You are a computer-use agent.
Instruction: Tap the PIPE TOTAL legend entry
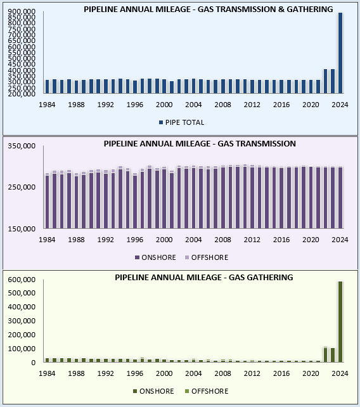(x=184, y=122)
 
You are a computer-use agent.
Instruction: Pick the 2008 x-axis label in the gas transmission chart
(x=222, y=240)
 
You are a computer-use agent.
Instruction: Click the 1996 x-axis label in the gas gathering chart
(x=135, y=373)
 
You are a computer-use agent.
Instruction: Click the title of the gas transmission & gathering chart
(x=208, y=10)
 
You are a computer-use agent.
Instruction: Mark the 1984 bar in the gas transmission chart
(x=48, y=202)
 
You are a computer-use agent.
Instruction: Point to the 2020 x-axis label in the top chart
(x=311, y=104)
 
